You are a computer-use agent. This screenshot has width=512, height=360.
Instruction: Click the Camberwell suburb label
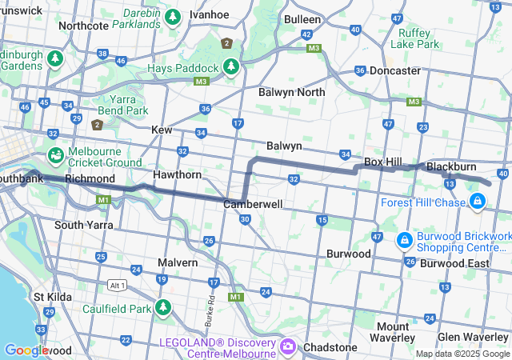252,204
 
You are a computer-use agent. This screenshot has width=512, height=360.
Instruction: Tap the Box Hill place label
382,162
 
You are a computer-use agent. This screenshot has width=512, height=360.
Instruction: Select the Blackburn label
451,166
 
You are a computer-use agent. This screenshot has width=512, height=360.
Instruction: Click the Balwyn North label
292,92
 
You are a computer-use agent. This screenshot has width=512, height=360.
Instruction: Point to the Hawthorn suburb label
177,174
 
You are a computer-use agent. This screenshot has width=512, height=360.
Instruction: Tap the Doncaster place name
394,70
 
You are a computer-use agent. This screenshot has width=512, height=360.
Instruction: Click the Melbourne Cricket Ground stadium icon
56,154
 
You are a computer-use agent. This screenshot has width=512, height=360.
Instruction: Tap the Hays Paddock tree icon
231,66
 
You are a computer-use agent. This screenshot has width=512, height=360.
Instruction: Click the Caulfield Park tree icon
164,307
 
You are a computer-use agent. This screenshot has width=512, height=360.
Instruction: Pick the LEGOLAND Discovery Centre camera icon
288,347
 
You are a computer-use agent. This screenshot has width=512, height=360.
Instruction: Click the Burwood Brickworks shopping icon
405,239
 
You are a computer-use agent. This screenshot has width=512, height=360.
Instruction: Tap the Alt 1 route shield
117,285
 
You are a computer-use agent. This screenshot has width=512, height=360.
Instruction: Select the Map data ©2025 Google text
462,354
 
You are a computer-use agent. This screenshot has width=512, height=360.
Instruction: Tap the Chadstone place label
330,347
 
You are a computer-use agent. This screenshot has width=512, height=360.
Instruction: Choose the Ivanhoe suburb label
210,14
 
